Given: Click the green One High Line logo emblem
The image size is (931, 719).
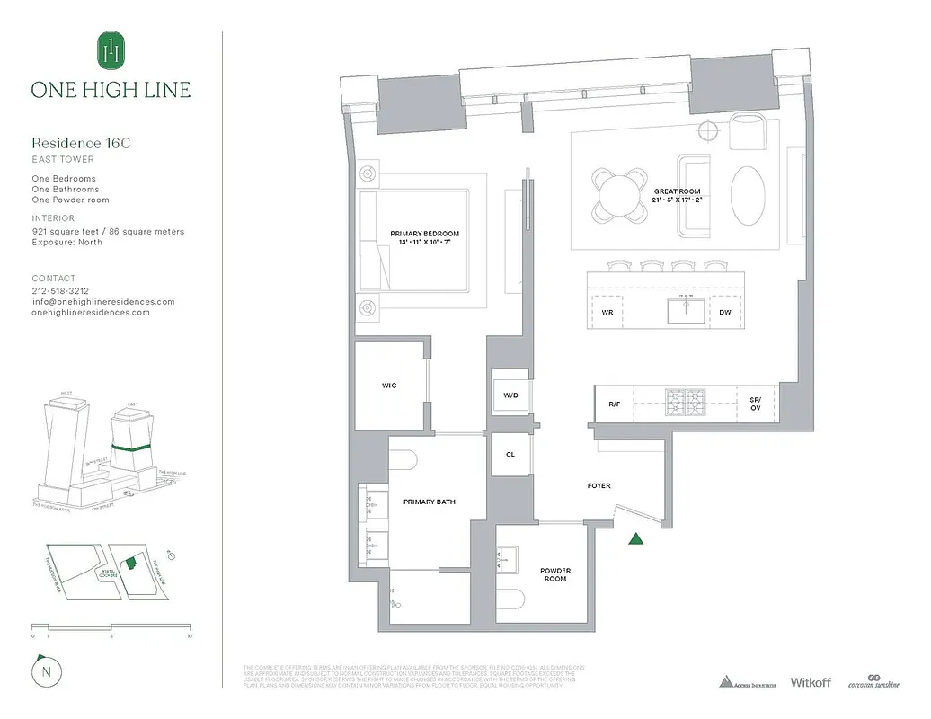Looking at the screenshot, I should pyautogui.click(x=111, y=50).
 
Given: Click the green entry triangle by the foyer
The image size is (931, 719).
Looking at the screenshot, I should pyautogui.click(x=636, y=539).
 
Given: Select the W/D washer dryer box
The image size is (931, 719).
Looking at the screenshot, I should pyautogui.click(x=509, y=394).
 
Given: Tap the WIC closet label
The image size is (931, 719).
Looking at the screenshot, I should pyautogui.click(x=389, y=386).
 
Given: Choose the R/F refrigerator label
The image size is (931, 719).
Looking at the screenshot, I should pyautogui.click(x=615, y=404).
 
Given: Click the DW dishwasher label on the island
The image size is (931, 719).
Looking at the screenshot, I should pyautogui.click(x=725, y=313).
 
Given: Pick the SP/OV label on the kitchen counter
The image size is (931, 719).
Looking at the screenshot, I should pyautogui.click(x=755, y=404).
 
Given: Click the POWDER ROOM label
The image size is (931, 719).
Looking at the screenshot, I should pyautogui.click(x=555, y=575).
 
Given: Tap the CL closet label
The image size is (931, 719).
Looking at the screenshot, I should pyautogui.click(x=510, y=455).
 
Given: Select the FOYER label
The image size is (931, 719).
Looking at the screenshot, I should pyautogui.click(x=599, y=486).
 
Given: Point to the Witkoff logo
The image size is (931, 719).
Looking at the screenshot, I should pyautogui.click(x=811, y=682).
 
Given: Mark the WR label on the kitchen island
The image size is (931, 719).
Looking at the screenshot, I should pyautogui.click(x=607, y=313).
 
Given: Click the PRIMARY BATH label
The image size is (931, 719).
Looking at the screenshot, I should pyautogui.click(x=430, y=502).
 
